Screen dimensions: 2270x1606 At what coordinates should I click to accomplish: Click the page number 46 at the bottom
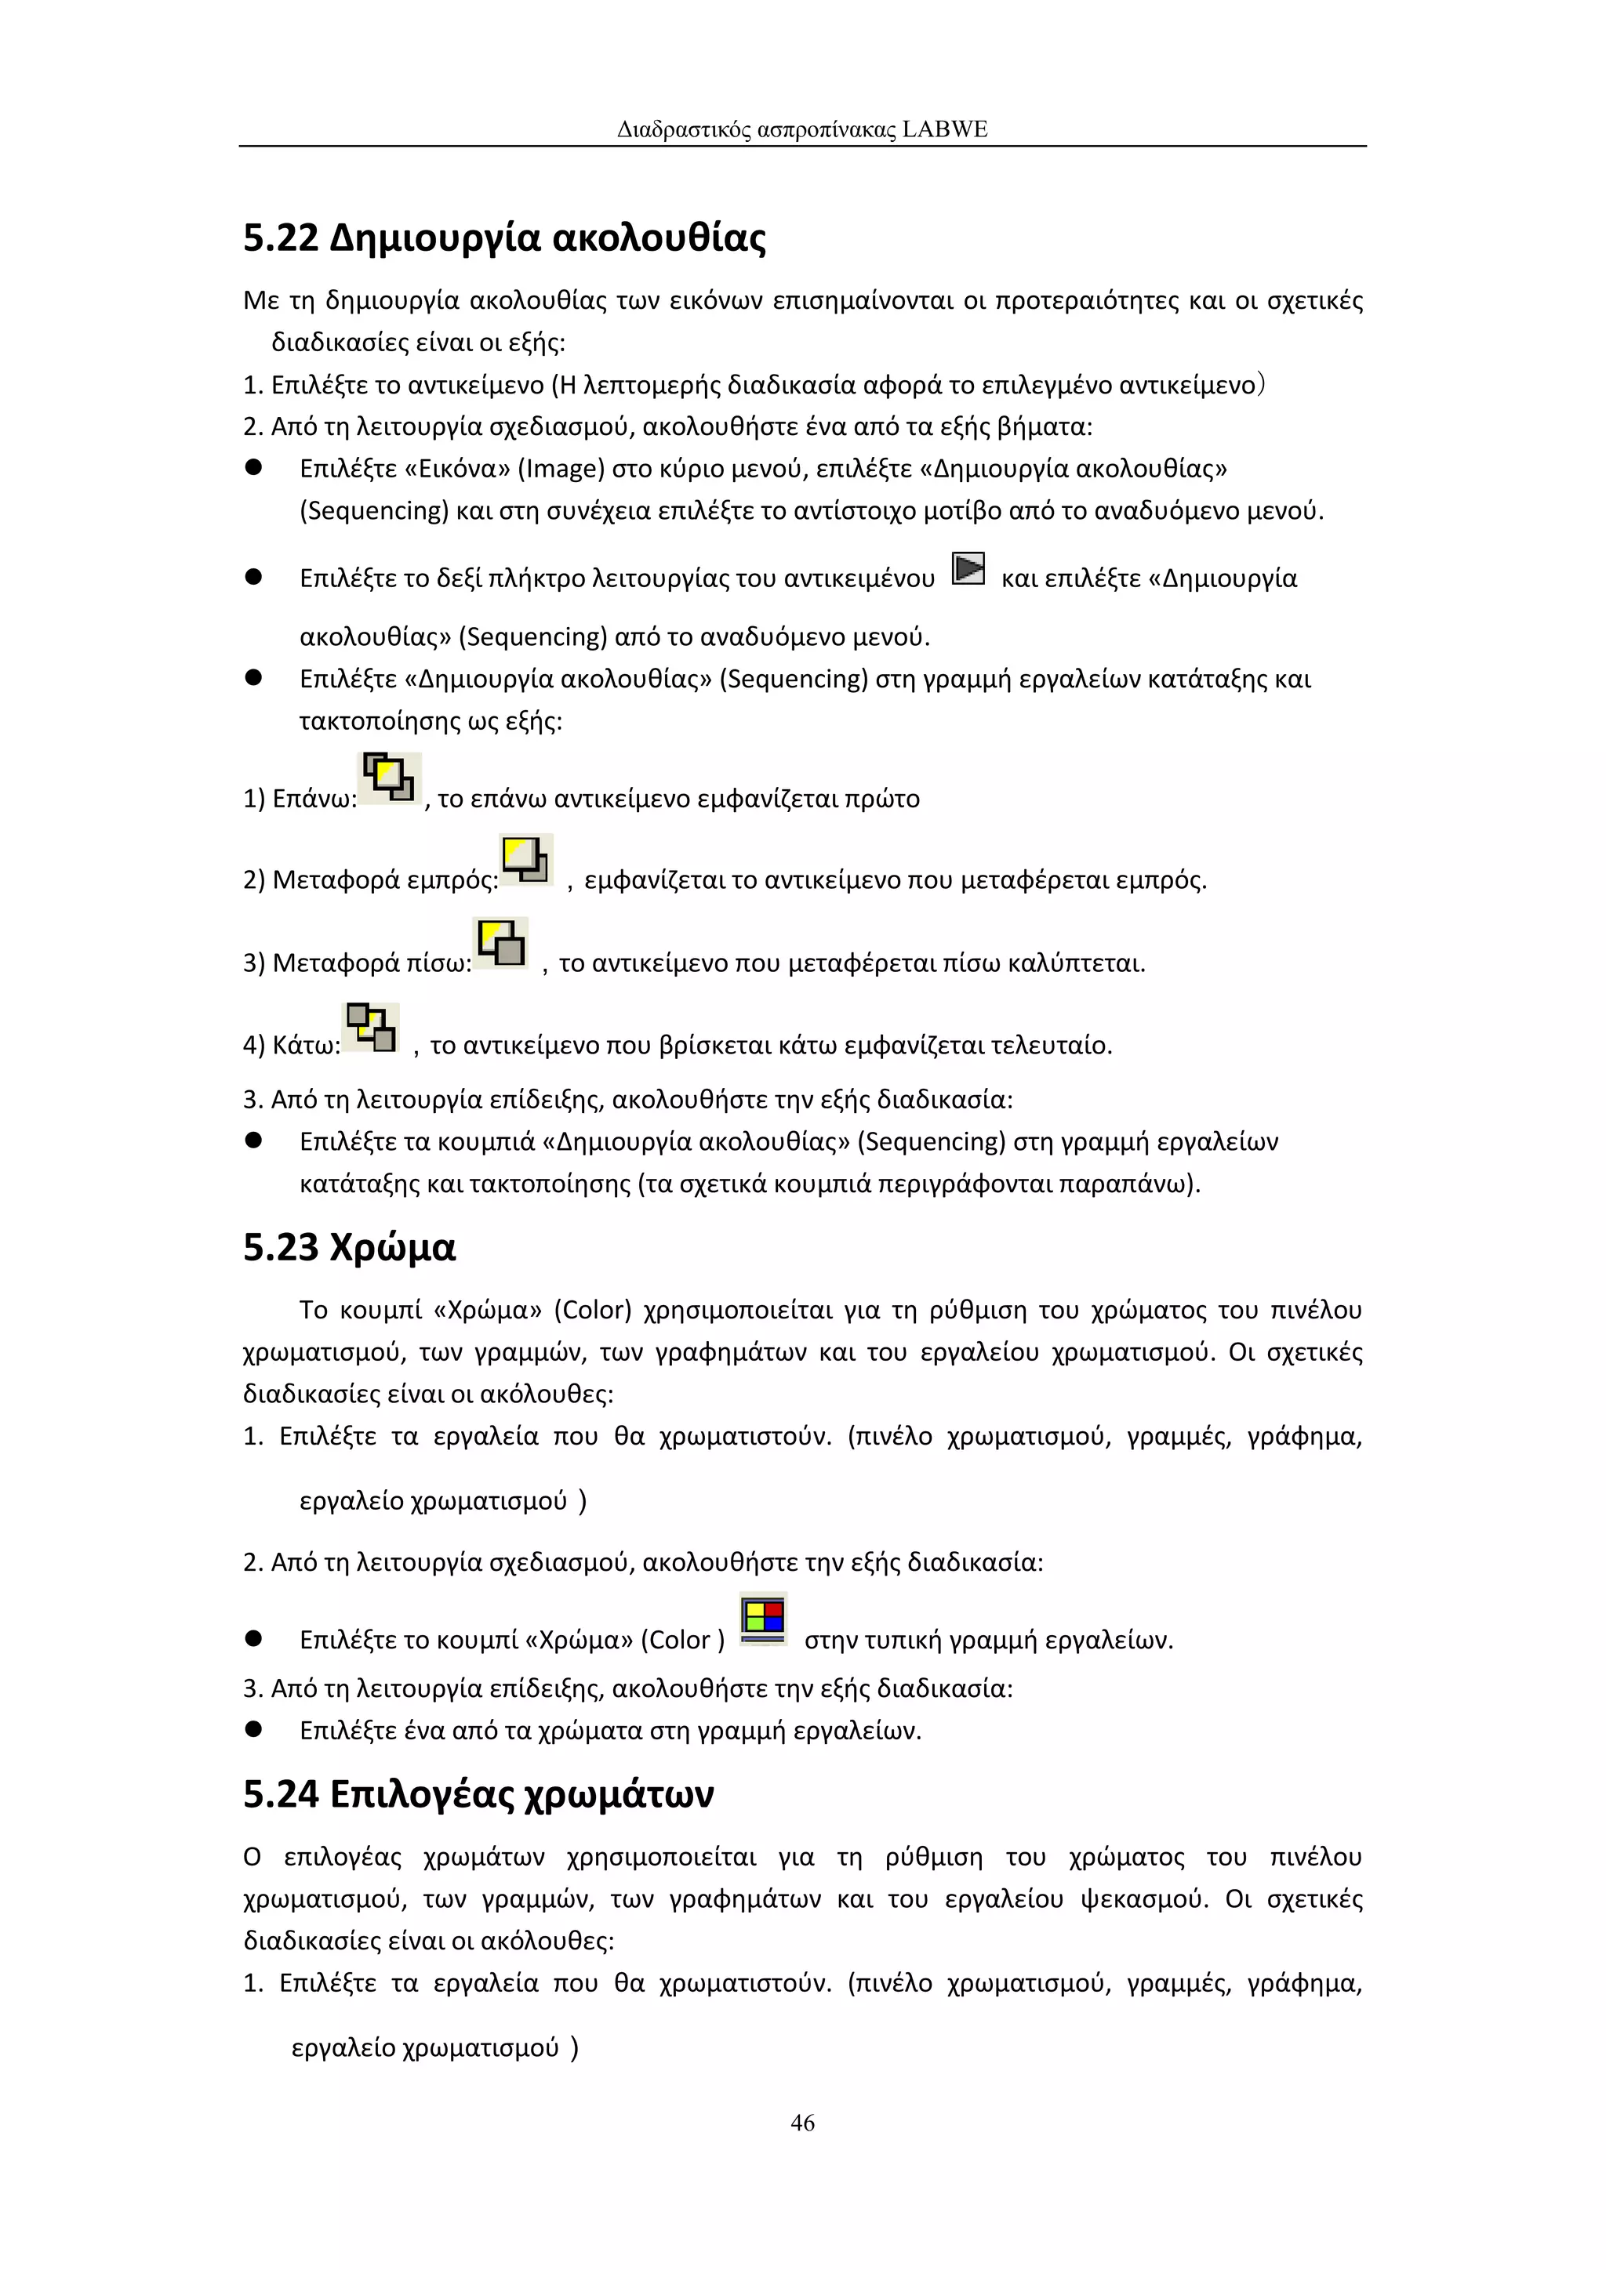802,2122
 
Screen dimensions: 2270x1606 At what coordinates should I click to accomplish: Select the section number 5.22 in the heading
281,238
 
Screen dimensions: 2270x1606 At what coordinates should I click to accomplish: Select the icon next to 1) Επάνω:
389,778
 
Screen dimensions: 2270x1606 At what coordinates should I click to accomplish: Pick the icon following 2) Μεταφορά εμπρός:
526,859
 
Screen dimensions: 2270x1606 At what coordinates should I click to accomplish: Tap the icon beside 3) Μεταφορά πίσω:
501,942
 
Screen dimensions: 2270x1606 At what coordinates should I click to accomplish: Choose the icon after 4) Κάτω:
371,1028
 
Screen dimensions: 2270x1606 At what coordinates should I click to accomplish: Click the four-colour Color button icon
764,1619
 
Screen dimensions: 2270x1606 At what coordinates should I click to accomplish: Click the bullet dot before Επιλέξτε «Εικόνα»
253,468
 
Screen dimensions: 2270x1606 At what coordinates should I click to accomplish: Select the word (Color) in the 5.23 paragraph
591,1310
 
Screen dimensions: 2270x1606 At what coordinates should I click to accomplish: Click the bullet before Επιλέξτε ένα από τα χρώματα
253,1729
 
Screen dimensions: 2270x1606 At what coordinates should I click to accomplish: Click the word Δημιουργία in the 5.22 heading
434,238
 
